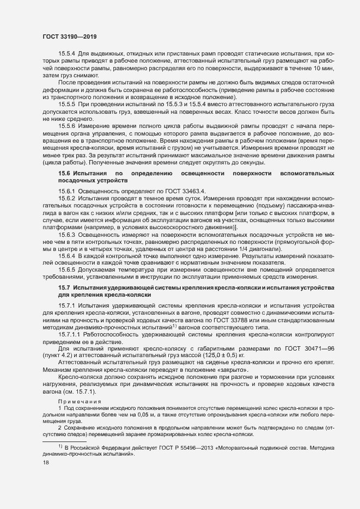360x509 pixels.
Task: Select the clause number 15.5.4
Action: click(67, 54)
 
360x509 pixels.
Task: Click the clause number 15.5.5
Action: click(67, 104)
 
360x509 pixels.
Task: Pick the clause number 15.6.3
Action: click(67, 236)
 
